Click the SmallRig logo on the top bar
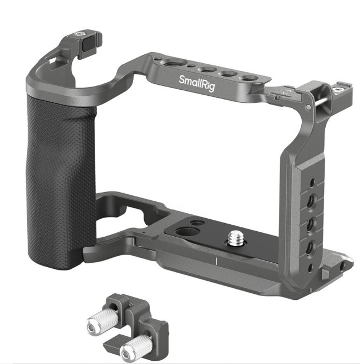click(197, 83)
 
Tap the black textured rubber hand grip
click(61, 181)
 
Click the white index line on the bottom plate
click(216, 261)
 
